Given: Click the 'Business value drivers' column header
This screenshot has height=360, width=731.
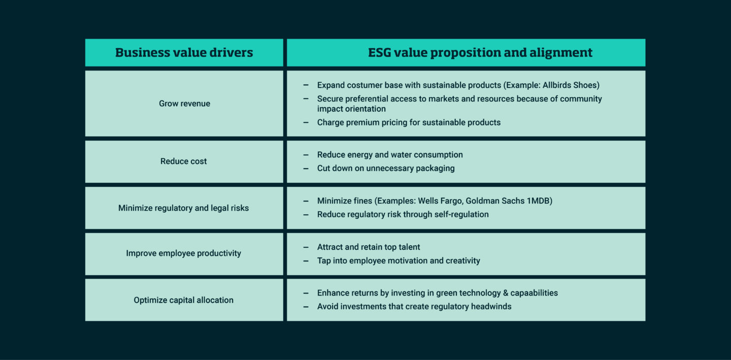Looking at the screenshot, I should [184, 52].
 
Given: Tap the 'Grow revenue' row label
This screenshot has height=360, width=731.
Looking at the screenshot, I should [184, 104].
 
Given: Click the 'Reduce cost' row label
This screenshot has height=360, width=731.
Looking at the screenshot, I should [184, 161].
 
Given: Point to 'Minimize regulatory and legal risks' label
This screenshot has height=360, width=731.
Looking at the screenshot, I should [184, 208].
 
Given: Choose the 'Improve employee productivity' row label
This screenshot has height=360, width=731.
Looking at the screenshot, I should [184, 253].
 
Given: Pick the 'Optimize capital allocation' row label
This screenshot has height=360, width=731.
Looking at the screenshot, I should [184, 300].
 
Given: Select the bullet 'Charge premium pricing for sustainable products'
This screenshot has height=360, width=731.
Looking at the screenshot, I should [409, 122].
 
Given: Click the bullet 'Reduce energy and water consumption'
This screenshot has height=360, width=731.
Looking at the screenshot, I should [390, 154].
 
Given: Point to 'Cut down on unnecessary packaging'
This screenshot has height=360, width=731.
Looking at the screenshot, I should [386, 168].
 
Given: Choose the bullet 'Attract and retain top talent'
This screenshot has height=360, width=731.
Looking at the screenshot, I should [369, 247].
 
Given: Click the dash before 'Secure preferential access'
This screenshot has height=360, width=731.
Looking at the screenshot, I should [306, 99].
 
